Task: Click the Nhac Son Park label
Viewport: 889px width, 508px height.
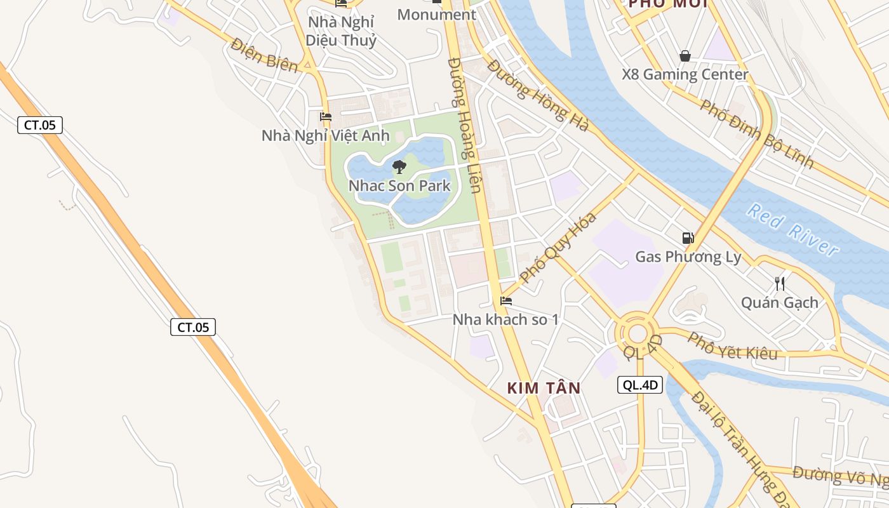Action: (x=399, y=186)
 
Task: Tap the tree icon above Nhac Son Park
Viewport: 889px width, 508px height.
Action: (x=399, y=167)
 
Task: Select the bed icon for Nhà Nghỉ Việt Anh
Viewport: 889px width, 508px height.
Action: (x=326, y=117)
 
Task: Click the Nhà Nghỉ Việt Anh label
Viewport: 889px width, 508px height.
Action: (x=326, y=135)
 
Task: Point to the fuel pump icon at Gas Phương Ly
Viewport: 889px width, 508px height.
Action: (x=688, y=238)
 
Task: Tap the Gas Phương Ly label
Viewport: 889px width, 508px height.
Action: (x=688, y=257)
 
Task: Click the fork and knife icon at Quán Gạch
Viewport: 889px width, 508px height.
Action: (x=780, y=283)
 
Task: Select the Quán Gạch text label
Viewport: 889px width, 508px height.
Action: (x=780, y=302)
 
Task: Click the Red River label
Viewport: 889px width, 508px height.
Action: (x=793, y=229)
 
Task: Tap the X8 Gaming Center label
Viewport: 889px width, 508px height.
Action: (x=685, y=74)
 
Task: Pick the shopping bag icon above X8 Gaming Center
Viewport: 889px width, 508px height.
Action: (x=685, y=56)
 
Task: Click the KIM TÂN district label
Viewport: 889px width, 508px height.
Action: (x=544, y=388)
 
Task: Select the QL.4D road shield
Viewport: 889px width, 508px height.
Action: (x=640, y=384)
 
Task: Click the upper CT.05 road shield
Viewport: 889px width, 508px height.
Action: (x=40, y=125)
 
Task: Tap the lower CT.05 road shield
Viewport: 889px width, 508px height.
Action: (x=193, y=327)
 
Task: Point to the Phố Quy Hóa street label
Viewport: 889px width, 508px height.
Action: (x=559, y=248)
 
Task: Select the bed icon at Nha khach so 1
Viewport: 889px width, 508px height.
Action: (x=506, y=301)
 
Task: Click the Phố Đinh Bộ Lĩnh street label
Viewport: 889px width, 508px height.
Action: (x=757, y=133)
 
